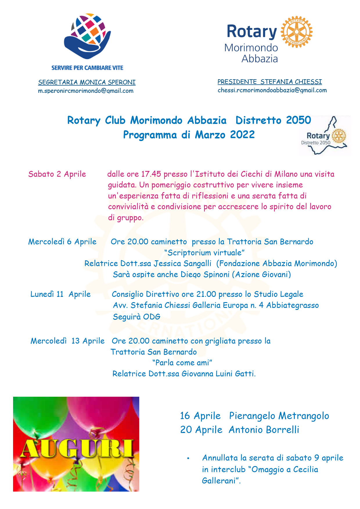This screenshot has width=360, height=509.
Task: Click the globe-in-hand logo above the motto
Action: tap(87, 36)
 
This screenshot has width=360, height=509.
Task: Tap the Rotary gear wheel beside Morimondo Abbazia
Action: tap(296, 32)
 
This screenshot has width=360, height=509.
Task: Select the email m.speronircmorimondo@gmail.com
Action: tap(86, 91)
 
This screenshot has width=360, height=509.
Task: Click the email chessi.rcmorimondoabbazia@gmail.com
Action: tap(272, 90)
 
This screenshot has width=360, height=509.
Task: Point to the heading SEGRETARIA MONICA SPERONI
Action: tap(87, 82)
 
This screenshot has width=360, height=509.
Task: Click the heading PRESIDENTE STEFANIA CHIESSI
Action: tap(270, 82)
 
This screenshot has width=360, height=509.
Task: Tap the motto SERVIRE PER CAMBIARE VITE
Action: tap(87, 68)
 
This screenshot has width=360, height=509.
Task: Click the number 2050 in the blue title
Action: tap(298, 120)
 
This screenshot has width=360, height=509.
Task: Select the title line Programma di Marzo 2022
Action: tap(189, 135)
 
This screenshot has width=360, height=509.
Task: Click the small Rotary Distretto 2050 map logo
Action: tap(325, 136)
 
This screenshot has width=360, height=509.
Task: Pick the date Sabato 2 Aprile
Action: tap(57, 174)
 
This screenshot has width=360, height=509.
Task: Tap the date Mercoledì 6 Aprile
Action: tap(62, 242)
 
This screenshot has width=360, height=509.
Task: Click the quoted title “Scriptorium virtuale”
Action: tap(204, 253)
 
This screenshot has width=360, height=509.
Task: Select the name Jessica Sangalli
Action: tap(182, 263)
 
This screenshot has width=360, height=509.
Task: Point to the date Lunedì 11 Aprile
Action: tap(60, 294)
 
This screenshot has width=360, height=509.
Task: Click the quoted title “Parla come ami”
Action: tap(182, 363)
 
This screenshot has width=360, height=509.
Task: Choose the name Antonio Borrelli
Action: tap(264, 430)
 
